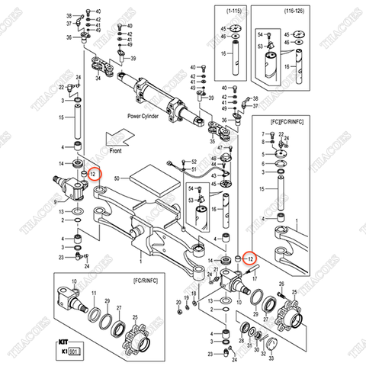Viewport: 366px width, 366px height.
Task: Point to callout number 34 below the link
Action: [98, 77]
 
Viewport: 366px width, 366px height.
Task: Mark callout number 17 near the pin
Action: [256, 279]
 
